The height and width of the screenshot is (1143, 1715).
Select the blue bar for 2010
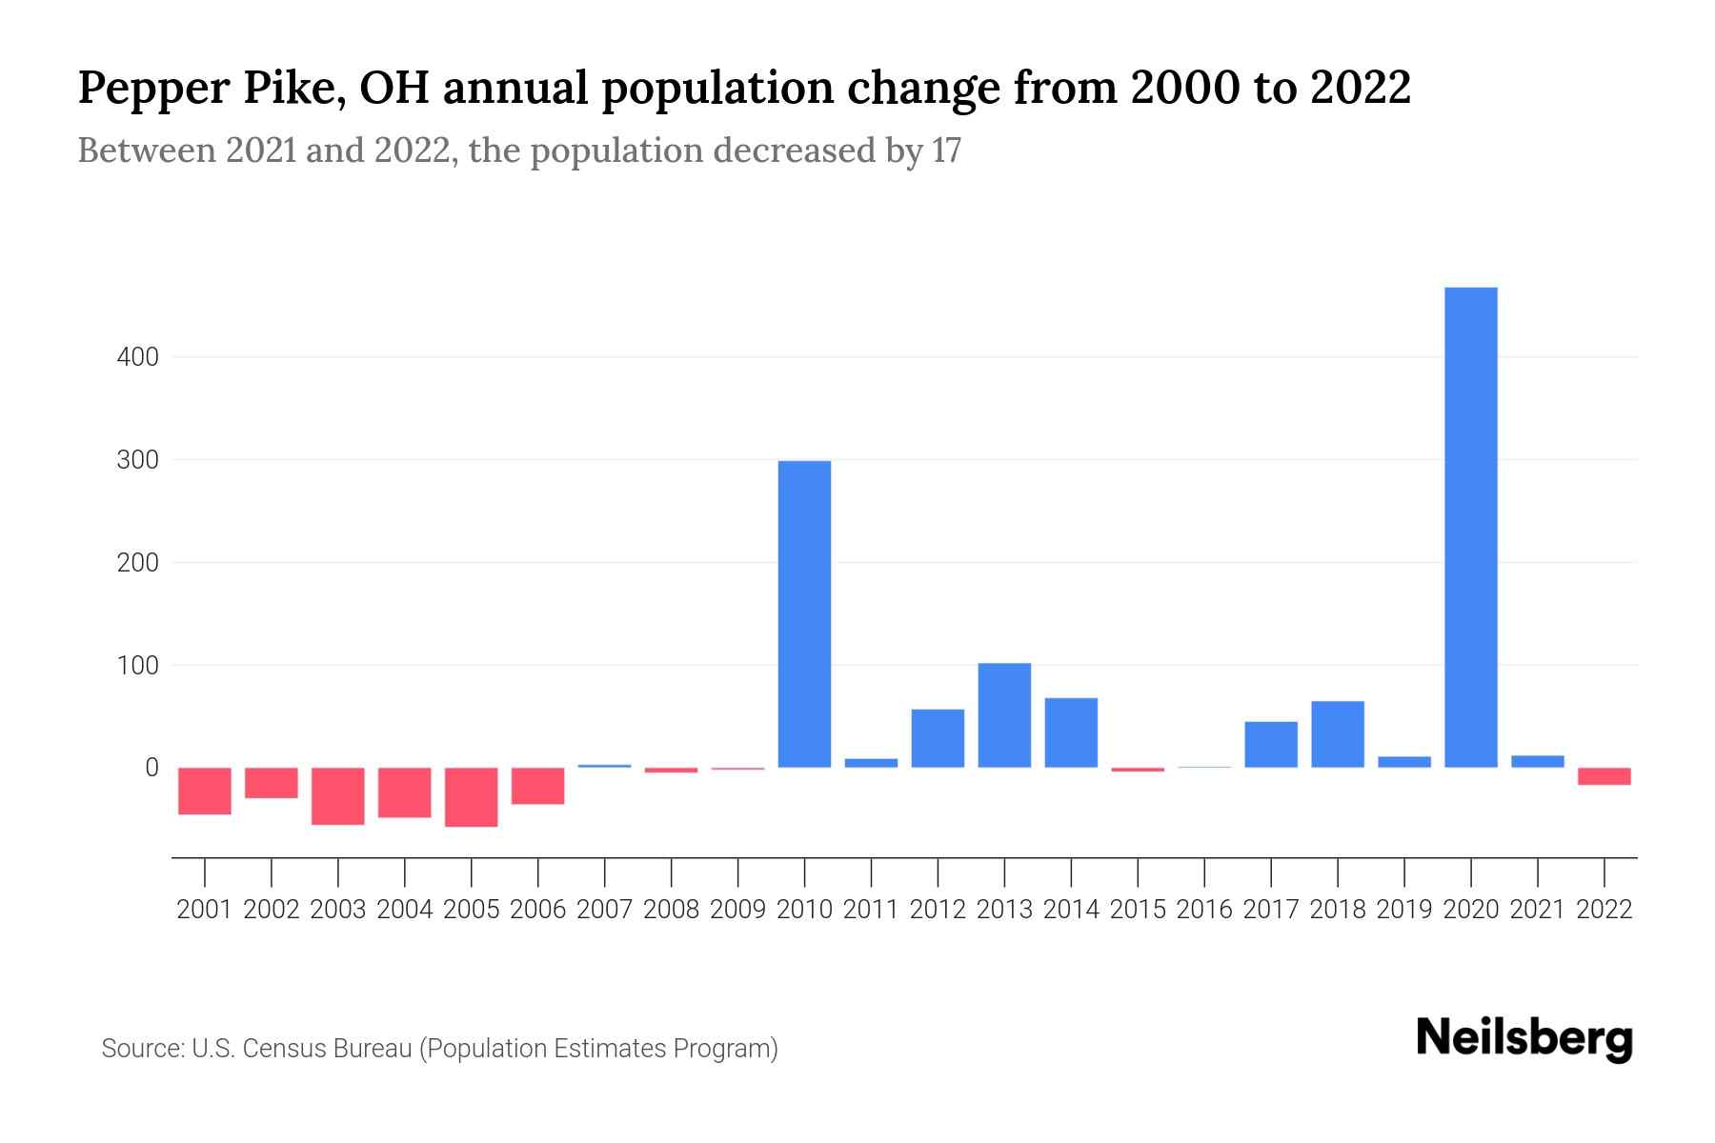coord(804,614)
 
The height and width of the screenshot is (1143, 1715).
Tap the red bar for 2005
coord(472,796)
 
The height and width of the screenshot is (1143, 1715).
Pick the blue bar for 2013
coord(1004,715)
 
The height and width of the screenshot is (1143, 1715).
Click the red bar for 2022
coord(1604,776)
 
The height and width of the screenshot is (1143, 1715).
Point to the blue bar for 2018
coord(1337,734)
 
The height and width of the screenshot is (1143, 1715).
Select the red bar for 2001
coord(205,791)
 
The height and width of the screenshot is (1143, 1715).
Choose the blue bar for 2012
coord(938,738)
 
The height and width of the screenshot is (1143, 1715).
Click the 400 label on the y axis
coord(137,358)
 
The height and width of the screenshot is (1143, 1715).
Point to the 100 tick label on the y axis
coord(137,666)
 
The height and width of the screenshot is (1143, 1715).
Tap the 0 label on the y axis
coord(151,768)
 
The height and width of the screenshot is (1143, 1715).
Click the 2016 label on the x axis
coord(1204,910)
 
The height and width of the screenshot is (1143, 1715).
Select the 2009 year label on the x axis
coord(737,910)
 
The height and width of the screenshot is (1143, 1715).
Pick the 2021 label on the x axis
coord(1537,910)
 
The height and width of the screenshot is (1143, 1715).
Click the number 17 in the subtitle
coord(946,151)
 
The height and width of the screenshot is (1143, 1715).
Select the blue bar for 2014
coord(1071,732)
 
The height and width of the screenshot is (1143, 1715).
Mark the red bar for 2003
coord(338,795)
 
